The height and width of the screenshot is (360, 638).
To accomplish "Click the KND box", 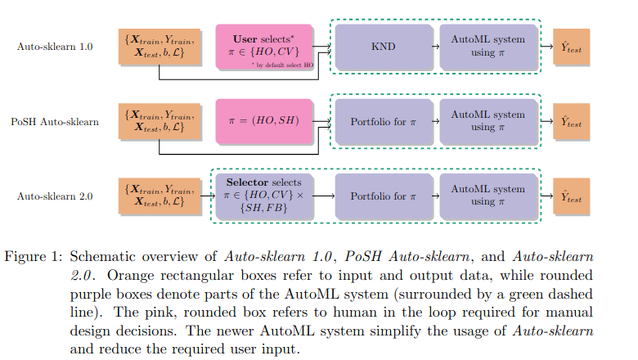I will tap(383, 47).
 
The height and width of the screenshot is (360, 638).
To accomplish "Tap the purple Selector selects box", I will tap(263, 196).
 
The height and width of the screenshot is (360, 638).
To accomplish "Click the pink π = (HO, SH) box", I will tap(265, 121).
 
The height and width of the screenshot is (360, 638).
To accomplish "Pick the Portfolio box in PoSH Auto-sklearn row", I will tap(383, 121).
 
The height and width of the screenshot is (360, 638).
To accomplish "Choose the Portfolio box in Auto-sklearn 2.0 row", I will tap(383, 196).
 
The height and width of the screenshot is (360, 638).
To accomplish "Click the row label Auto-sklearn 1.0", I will tap(55, 47).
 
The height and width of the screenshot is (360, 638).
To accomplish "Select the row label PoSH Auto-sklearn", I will tap(55, 122).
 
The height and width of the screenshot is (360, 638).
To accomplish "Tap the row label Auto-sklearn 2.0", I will tap(55, 196).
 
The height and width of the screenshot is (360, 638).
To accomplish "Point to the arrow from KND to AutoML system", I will tap(436, 47).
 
